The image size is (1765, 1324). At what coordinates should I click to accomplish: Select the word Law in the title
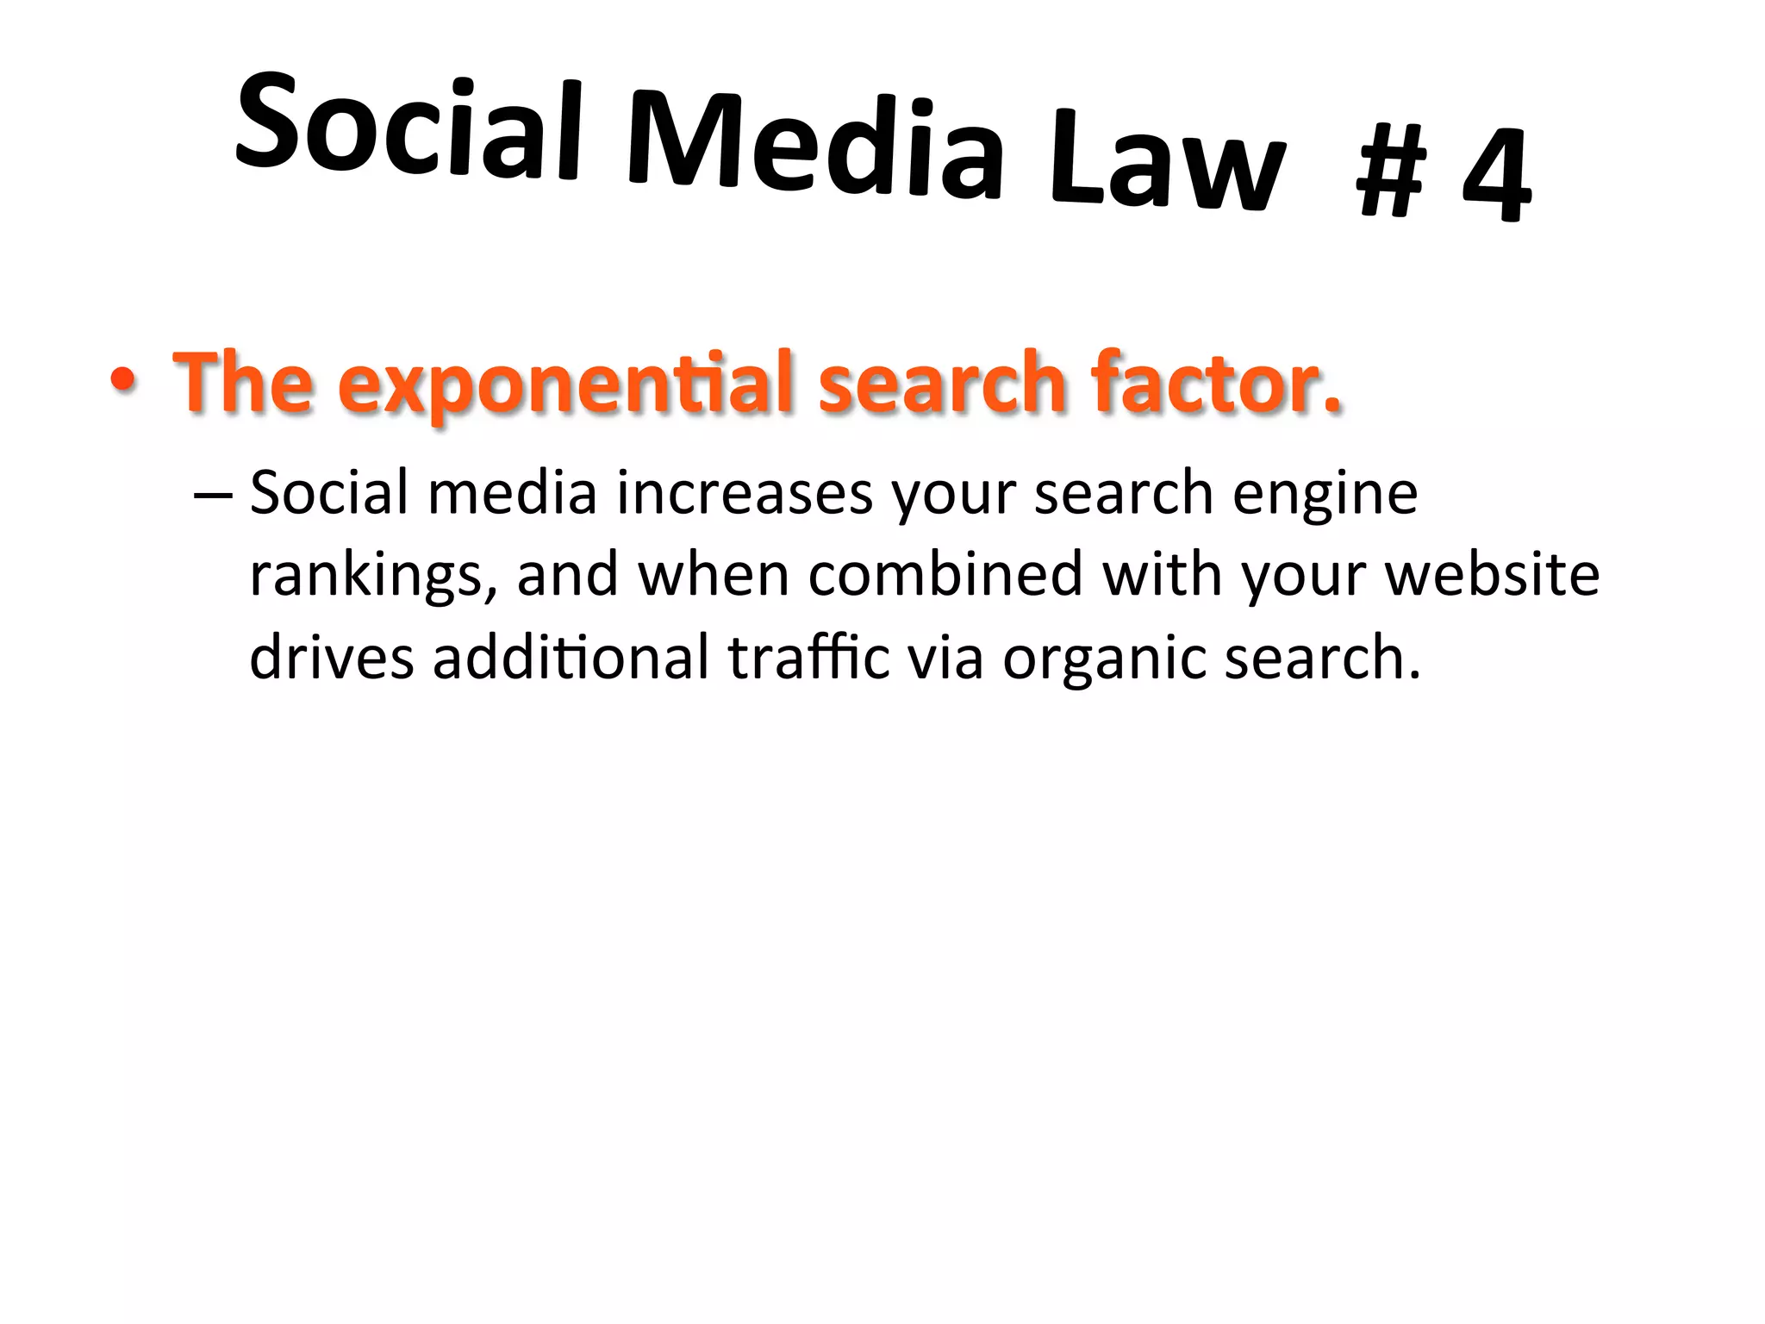tap(1168, 164)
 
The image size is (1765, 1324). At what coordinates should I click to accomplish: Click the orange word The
tap(243, 382)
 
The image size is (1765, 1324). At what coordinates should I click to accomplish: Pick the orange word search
tap(943, 382)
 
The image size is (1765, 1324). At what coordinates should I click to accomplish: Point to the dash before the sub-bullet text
tap(213, 495)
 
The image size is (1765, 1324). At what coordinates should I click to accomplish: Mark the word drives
tap(332, 657)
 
